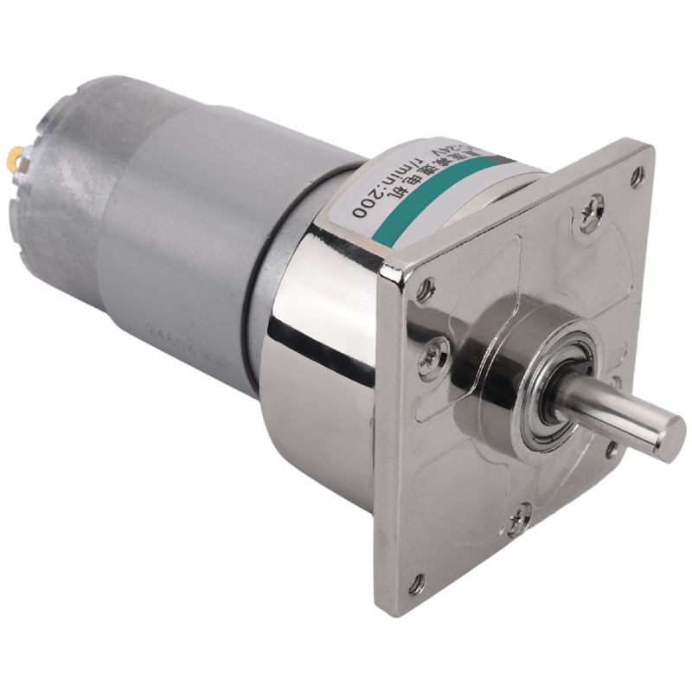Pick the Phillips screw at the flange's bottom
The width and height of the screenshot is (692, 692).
coord(520,517)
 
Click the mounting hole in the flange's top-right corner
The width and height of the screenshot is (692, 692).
coord(638,177)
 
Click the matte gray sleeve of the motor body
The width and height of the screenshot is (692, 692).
coord(173,216)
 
